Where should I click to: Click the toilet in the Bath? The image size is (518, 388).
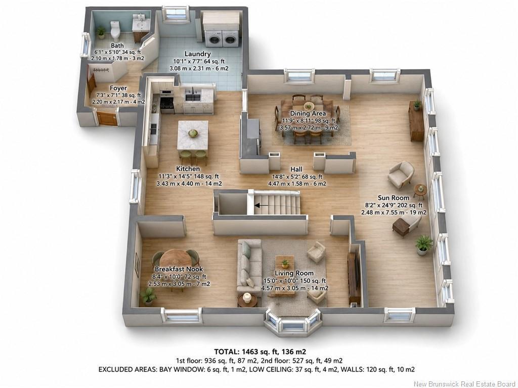coord(115,30)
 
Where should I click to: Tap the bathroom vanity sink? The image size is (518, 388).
coord(142,23)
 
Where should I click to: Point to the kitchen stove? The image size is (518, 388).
coord(167,103)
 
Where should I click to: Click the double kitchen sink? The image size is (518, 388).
coord(193,98)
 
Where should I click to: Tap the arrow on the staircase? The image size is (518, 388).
coord(262,205)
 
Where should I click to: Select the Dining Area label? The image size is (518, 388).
coord(308,113)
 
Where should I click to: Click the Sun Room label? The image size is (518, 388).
coord(394,198)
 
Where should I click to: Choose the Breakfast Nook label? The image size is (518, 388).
coord(179,269)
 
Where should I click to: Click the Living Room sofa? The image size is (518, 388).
coord(250,267)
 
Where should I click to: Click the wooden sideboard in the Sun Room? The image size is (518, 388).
coord(416,121)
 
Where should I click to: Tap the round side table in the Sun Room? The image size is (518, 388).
coord(420,190)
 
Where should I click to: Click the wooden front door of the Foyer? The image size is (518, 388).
coord(107,118)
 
